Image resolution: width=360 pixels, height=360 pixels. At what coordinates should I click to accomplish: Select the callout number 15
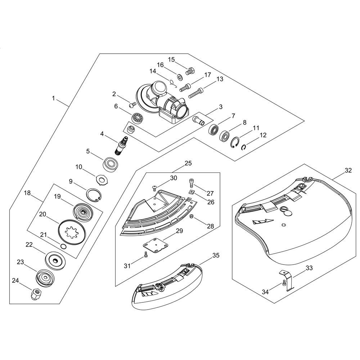click(x=171, y=60)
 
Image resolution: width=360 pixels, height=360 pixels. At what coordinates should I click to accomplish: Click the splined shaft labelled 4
click(x=121, y=146)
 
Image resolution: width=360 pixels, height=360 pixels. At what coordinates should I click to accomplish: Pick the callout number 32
click(x=348, y=170)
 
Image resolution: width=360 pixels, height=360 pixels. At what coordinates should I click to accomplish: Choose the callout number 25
click(x=188, y=163)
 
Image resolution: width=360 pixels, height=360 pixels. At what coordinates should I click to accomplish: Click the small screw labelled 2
click(x=132, y=105)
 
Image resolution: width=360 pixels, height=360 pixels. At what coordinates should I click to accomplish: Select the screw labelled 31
click(x=145, y=255)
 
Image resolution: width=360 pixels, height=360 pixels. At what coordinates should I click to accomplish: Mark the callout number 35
click(x=216, y=255)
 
